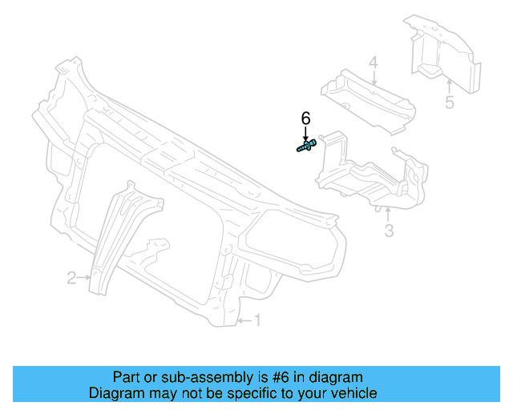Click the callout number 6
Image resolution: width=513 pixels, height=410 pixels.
click(x=305, y=118)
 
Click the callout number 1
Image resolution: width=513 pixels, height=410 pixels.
click(x=258, y=320)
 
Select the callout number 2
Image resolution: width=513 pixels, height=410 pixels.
click(x=71, y=278)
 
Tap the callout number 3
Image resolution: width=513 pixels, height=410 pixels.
click(x=389, y=232)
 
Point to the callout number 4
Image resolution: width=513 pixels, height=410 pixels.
click(x=373, y=62)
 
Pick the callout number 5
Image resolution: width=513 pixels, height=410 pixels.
click(x=449, y=102)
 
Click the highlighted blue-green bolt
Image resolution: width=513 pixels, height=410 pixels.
click(x=305, y=147)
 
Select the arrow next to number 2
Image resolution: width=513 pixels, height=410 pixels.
click(x=84, y=278)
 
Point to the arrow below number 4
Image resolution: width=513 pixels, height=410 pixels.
click(x=373, y=78)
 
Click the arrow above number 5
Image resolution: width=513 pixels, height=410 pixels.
click(x=449, y=86)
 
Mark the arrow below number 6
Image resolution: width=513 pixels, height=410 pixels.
click(x=305, y=133)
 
